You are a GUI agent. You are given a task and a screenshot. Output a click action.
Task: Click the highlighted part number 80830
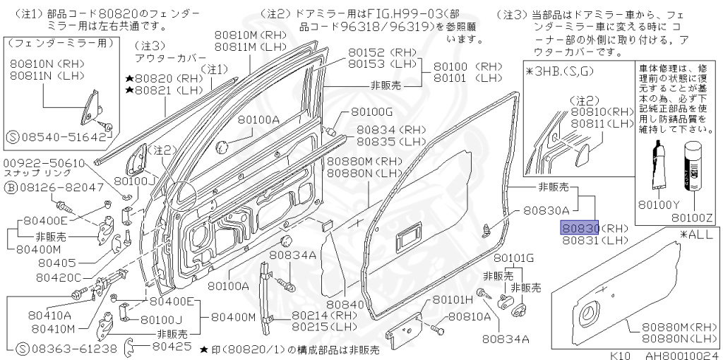pos(580,228)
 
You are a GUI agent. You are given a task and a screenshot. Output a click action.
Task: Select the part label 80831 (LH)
pos(595,240)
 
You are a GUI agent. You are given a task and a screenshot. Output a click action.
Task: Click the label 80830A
pos(546,211)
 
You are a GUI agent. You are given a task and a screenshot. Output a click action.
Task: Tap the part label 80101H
pos(452,300)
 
